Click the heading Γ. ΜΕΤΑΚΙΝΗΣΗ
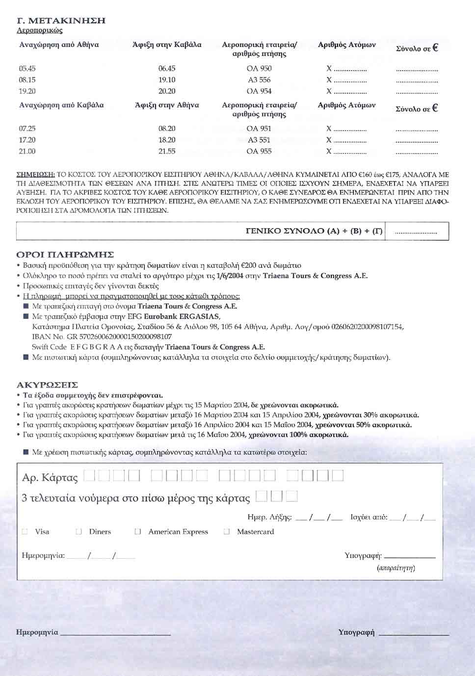click(61, 21)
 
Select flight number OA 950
click(259, 69)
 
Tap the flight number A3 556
click(259, 80)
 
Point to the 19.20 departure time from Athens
click(27, 91)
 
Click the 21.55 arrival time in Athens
click(167, 152)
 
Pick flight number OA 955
click(259, 152)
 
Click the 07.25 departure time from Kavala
click(27, 129)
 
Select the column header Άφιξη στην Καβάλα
click(167, 45)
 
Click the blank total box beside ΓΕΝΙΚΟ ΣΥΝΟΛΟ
click(417, 232)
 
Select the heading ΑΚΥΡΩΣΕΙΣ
click(47, 385)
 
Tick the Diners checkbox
click(79, 532)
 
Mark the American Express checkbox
click(138, 532)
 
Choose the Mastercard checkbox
click(226, 532)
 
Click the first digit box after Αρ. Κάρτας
click(89, 475)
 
